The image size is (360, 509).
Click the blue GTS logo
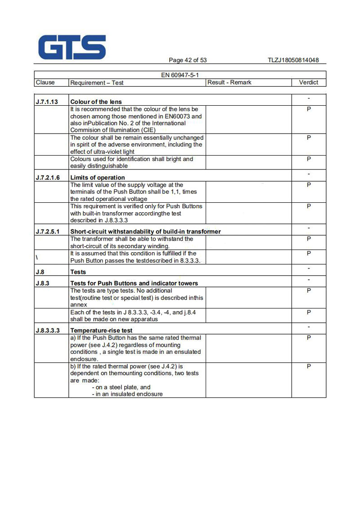(x=72, y=47)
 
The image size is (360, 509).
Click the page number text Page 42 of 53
(x=188, y=60)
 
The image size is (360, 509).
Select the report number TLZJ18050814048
(x=293, y=60)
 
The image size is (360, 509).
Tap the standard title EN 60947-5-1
(x=180, y=75)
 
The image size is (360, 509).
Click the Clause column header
(x=45, y=82)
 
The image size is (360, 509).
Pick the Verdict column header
(x=309, y=82)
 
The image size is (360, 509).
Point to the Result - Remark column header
(x=229, y=82)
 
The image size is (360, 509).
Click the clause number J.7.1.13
(x=46, y=102)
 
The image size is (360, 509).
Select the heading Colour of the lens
(x=96, y=102)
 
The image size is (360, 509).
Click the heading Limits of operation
(x=98, y=178)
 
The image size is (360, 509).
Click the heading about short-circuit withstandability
(x=145, y=232)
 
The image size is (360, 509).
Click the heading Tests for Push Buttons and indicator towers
(x=134, y=283)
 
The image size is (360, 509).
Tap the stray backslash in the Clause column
(x=36, y=257)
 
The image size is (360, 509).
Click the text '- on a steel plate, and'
(x=121, y=387)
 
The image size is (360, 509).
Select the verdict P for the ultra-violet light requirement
(x=309, y=138)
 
